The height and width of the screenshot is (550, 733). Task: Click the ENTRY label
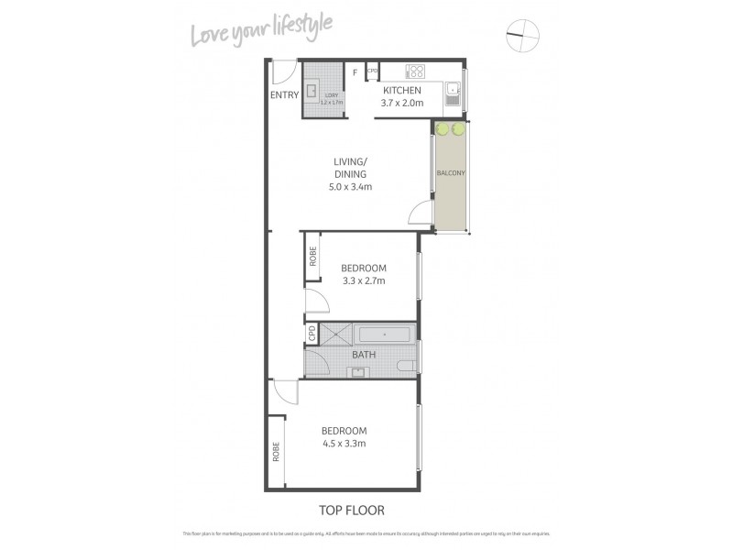284,94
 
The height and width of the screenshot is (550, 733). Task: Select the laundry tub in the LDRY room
312,91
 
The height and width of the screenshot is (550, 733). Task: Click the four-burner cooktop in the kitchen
415,71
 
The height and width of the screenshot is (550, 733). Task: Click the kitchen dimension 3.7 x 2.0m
401,104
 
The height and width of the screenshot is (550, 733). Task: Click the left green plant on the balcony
442,129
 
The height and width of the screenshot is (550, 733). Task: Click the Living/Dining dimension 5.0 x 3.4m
350,187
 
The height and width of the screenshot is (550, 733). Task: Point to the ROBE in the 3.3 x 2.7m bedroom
312,258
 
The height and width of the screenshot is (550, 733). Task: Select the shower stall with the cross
336,335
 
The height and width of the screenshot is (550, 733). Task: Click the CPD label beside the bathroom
312,334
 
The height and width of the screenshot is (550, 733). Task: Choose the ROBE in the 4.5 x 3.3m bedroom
275,451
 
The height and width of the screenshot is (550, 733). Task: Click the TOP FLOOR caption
352,511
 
